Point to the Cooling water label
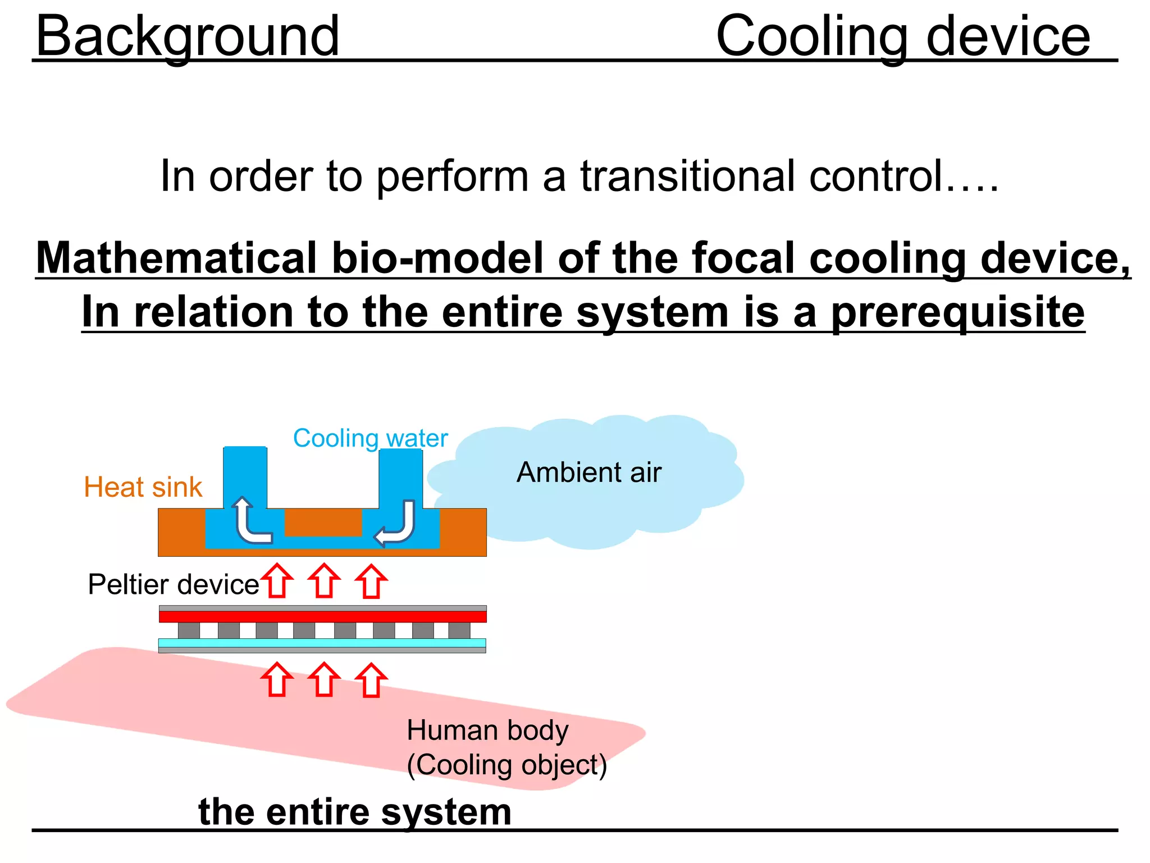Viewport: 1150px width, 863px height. pos(370,438)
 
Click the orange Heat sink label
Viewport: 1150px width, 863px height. pos(143,487)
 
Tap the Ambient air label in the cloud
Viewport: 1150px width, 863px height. pos(588,472)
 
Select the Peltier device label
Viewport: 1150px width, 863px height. pos(173,584)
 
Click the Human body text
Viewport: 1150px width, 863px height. pos(487,730)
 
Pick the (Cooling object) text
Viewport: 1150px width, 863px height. pos(506,765)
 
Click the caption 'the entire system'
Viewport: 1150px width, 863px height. pos(354,812)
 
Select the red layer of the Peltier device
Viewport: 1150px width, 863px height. pos(322,616)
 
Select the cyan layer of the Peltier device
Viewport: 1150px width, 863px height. pos(322,643)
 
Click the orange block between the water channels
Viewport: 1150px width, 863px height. pos(323,522)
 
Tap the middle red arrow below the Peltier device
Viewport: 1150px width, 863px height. pos(324,680)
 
